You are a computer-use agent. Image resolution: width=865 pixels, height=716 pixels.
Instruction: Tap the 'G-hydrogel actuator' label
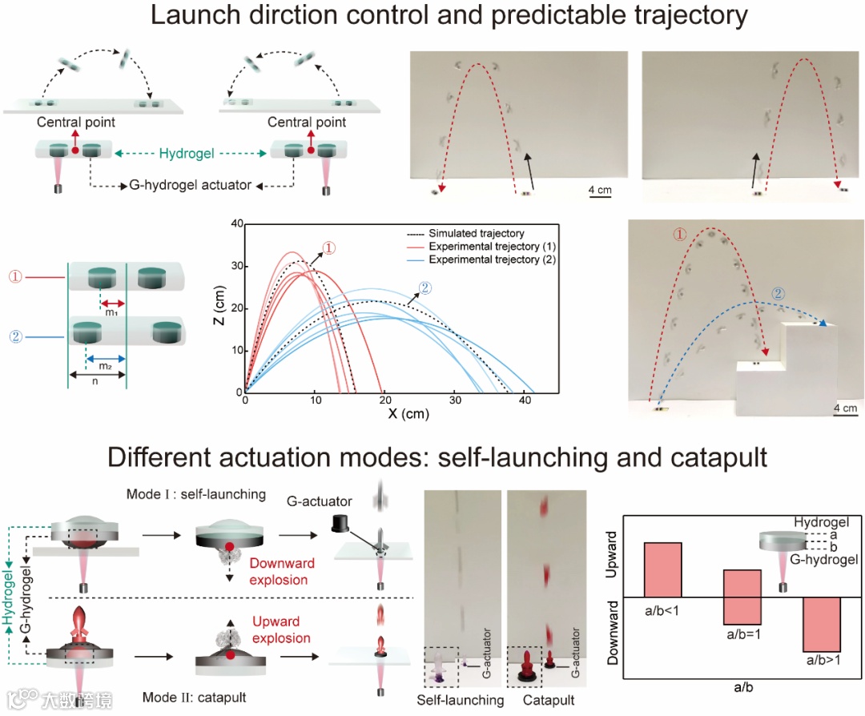pos(191,186)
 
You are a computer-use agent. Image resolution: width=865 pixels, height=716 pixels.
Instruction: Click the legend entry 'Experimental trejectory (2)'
pos(492,260)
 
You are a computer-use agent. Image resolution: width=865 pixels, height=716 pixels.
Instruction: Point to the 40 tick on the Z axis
pos(235,224)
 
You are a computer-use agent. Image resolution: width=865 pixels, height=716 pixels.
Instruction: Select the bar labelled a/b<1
pos(662,569)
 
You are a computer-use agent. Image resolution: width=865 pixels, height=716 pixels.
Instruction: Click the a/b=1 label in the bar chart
pos(744,634)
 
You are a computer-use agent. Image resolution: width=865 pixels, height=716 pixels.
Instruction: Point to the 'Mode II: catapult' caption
pos(194,697)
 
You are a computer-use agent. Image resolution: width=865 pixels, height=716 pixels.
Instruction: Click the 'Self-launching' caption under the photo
pos(461,700)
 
